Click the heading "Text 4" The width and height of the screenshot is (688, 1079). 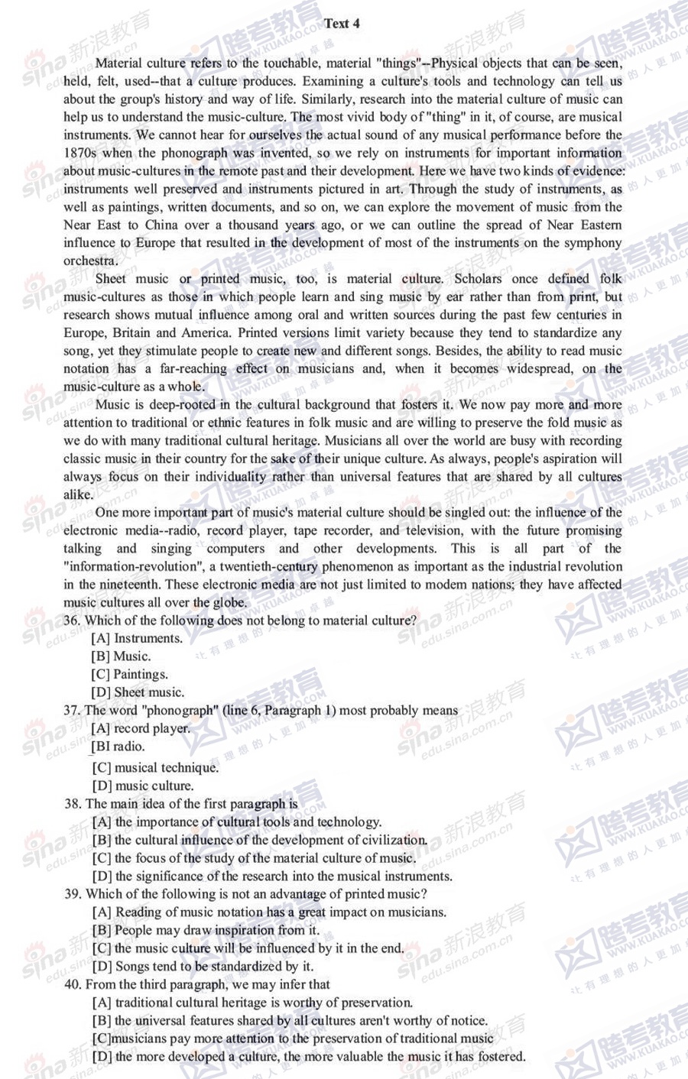342,24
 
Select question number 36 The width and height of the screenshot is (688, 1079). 72,621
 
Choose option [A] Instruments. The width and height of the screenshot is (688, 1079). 137,638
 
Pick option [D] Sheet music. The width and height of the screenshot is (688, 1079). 138,692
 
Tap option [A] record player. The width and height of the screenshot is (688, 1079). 141,728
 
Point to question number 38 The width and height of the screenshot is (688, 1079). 73,804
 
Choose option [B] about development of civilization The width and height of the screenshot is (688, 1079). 259,840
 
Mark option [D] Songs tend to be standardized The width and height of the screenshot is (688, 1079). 203,966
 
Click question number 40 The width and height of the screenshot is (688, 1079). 73,984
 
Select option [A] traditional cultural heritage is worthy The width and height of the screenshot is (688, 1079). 252,1003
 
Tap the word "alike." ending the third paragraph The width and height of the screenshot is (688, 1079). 78,494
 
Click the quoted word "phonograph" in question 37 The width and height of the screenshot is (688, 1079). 181,711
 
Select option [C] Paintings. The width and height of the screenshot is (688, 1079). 130,674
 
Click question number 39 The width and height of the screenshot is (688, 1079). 73,894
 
